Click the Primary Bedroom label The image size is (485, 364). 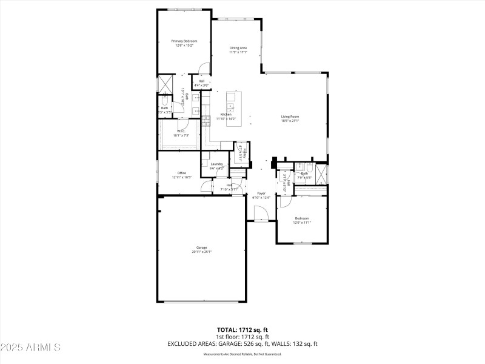[x=186, y=41]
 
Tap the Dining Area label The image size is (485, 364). [x=238, y=47]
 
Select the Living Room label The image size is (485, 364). [x=290, y=116]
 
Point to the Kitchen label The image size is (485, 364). [x=226, y=115]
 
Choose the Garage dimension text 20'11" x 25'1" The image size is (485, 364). [x=202, y=251]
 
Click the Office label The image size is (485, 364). [x=181, y=173]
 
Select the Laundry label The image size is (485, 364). [x=216, y=164]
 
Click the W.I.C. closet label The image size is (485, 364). [x=181, y=131]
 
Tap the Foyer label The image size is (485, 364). [x=261, y=193]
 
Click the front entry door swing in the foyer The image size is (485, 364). [x=260, y=213]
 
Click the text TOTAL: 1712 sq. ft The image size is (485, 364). [x=242, y=330]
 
